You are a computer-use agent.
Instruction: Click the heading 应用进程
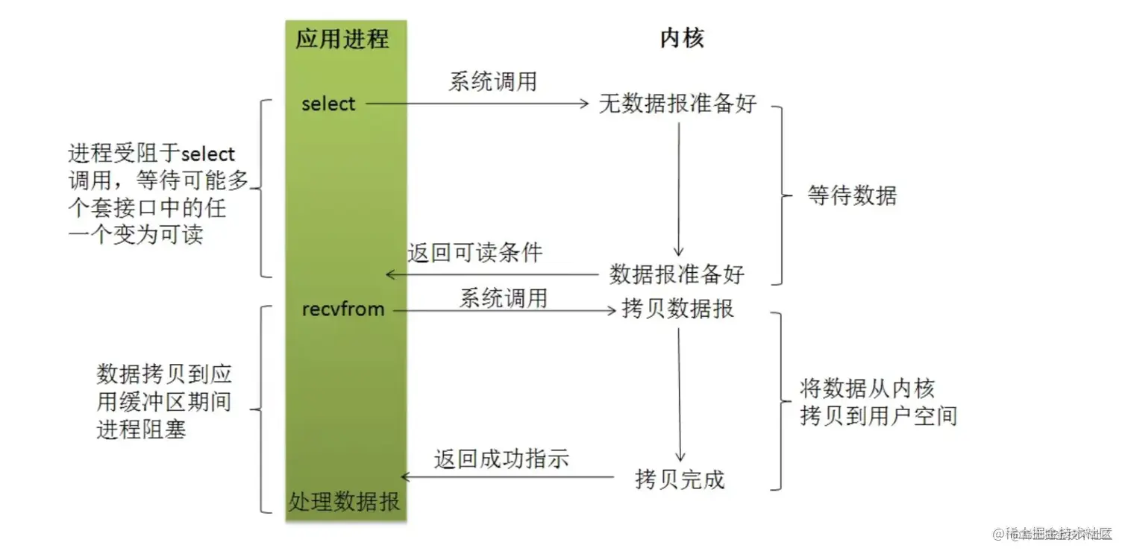[x=342, y=38]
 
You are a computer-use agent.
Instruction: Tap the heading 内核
[x=682, y=38]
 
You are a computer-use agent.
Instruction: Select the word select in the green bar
[x=328, y=104]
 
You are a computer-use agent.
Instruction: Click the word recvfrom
[x=343, y=308]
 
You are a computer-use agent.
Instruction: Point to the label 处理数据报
[x=344, y=501]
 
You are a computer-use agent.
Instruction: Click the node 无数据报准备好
[x=677, y=104]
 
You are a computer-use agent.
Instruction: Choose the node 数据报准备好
[x=677, y=274]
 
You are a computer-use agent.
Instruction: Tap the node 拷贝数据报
[x=677, y=308]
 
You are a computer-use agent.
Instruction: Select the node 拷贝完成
[x=680, y=479]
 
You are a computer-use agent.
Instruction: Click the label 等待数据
[x=852, y=195]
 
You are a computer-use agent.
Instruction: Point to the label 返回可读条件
[x=474, y=253]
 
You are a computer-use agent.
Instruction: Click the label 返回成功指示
[x=501, y=459]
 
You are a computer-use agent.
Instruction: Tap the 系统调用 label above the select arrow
[x=492, y=81]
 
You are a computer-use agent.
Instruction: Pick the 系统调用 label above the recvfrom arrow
[x=503, y=298]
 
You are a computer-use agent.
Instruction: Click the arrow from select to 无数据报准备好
[x=477, y=104]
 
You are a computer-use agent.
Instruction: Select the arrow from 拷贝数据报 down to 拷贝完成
[x=679, y=395]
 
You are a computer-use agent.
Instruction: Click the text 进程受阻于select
[x=151, y=154]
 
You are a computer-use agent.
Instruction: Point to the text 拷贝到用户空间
[x=878, y=415]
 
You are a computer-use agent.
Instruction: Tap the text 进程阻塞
[x=141, y=430]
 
